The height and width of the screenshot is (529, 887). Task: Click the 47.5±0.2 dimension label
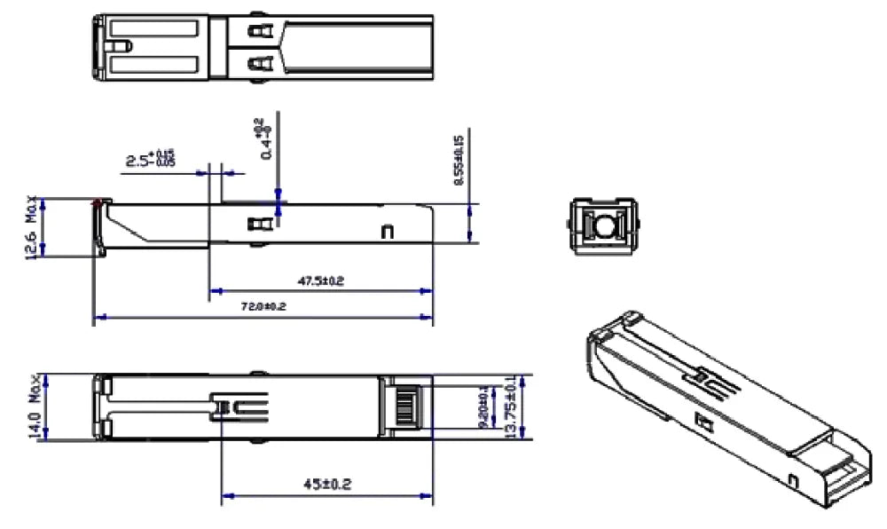pyautogui.click(x=320, y=280)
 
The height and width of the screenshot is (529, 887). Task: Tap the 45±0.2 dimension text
pyautogui.click(x=326, y=486)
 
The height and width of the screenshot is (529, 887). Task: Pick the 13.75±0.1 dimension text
pyautogui.click(x=510, y=407)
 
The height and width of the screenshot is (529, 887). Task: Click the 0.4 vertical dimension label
pyautogui.click(x=266, y=142)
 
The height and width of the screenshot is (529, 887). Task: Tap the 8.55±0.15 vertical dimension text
pyautogui.click(x=459, y=160)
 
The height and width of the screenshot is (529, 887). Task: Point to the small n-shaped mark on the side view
pyautogui.click(x=386, y=232)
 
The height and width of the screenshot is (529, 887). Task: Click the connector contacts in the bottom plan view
pyautogui.click(x=406, y=407)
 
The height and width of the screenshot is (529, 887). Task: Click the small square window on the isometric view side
pyautogui.click(x=705, y=422)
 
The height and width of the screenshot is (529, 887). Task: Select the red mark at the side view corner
pyautogui.click(x=97, y=203)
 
